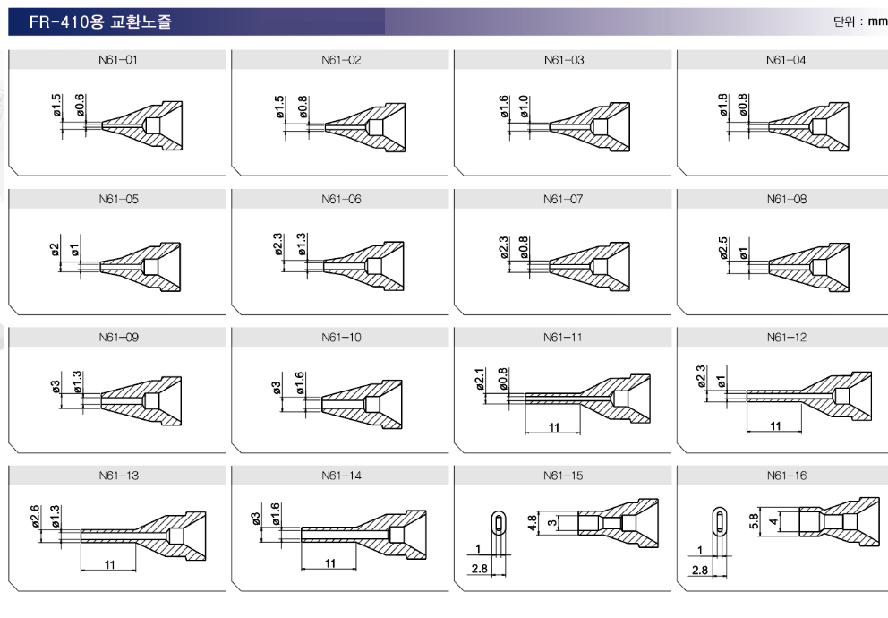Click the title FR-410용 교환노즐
point(100,22)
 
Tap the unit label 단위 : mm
point(859,21)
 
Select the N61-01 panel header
point(118,60)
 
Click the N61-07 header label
point(563,199)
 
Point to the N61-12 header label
point(786,338)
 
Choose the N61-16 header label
point(786,476)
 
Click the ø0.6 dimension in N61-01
point(80,106)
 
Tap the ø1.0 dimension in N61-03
point(524,107)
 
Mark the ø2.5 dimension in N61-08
point(722,248)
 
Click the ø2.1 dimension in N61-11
point(480,379)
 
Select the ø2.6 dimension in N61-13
point(35,517)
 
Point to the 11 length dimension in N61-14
point(330,563)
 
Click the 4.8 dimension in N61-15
point(533,523)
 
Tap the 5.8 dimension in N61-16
point(753,521)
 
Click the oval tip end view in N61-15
point(499,523)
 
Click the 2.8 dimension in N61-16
point(699,570)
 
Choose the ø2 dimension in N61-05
point(55,249)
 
